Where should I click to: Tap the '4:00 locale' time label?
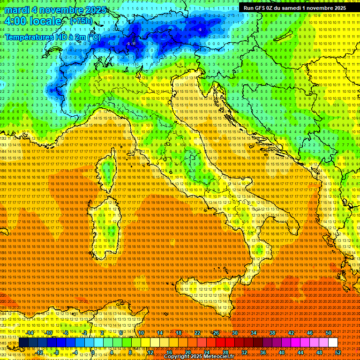tap(33, 21)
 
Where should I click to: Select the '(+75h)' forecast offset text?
tap(81, 21)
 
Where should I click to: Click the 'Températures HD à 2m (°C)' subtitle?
tap(52, 37)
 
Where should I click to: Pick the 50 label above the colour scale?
tap(328, 333)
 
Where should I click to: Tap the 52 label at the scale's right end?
tap(338, 352)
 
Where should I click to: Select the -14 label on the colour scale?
tap(30, 333)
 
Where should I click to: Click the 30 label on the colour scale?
tap(234, 333)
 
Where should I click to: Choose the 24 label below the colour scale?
tap(207, 352)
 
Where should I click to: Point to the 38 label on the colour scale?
tap(272, 333)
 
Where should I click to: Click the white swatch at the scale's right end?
tap(333, 343)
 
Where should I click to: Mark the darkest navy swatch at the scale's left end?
tap(23, 343)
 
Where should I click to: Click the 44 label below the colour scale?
tap(300, 352)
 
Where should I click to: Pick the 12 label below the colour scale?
tap(150, 352)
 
